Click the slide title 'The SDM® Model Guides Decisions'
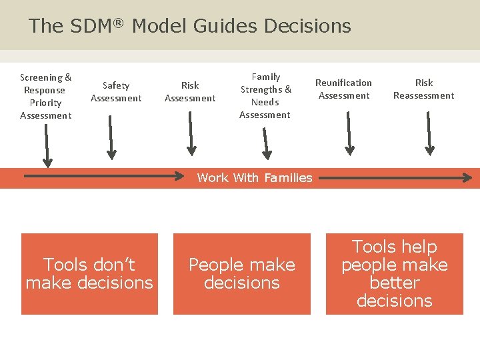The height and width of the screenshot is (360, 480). point(189,26)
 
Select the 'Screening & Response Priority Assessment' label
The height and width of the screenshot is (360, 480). point(46,97)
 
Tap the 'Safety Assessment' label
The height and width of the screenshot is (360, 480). point(116,92)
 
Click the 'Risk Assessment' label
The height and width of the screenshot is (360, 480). point(190,92)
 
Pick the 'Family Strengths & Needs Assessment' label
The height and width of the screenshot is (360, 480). point(265,96)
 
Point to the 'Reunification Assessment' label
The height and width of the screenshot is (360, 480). point(343,89)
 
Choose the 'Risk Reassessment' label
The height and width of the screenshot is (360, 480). point(423,89)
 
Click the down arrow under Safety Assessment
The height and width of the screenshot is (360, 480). point(111,137)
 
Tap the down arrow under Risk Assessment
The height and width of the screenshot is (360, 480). point(191,133)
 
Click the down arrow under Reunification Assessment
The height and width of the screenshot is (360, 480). point(348,133)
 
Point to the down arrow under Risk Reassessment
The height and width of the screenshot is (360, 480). point(428,133)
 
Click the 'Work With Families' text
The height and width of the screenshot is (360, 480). point(255,178)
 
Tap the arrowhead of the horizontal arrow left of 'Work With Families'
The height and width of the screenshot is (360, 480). point(180,177)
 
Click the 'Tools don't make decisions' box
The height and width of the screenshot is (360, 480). point(89,274)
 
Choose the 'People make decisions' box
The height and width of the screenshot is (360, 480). point(242,274)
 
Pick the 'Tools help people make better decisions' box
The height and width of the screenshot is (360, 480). point(395,274)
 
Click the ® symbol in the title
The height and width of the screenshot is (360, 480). point(118,23)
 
